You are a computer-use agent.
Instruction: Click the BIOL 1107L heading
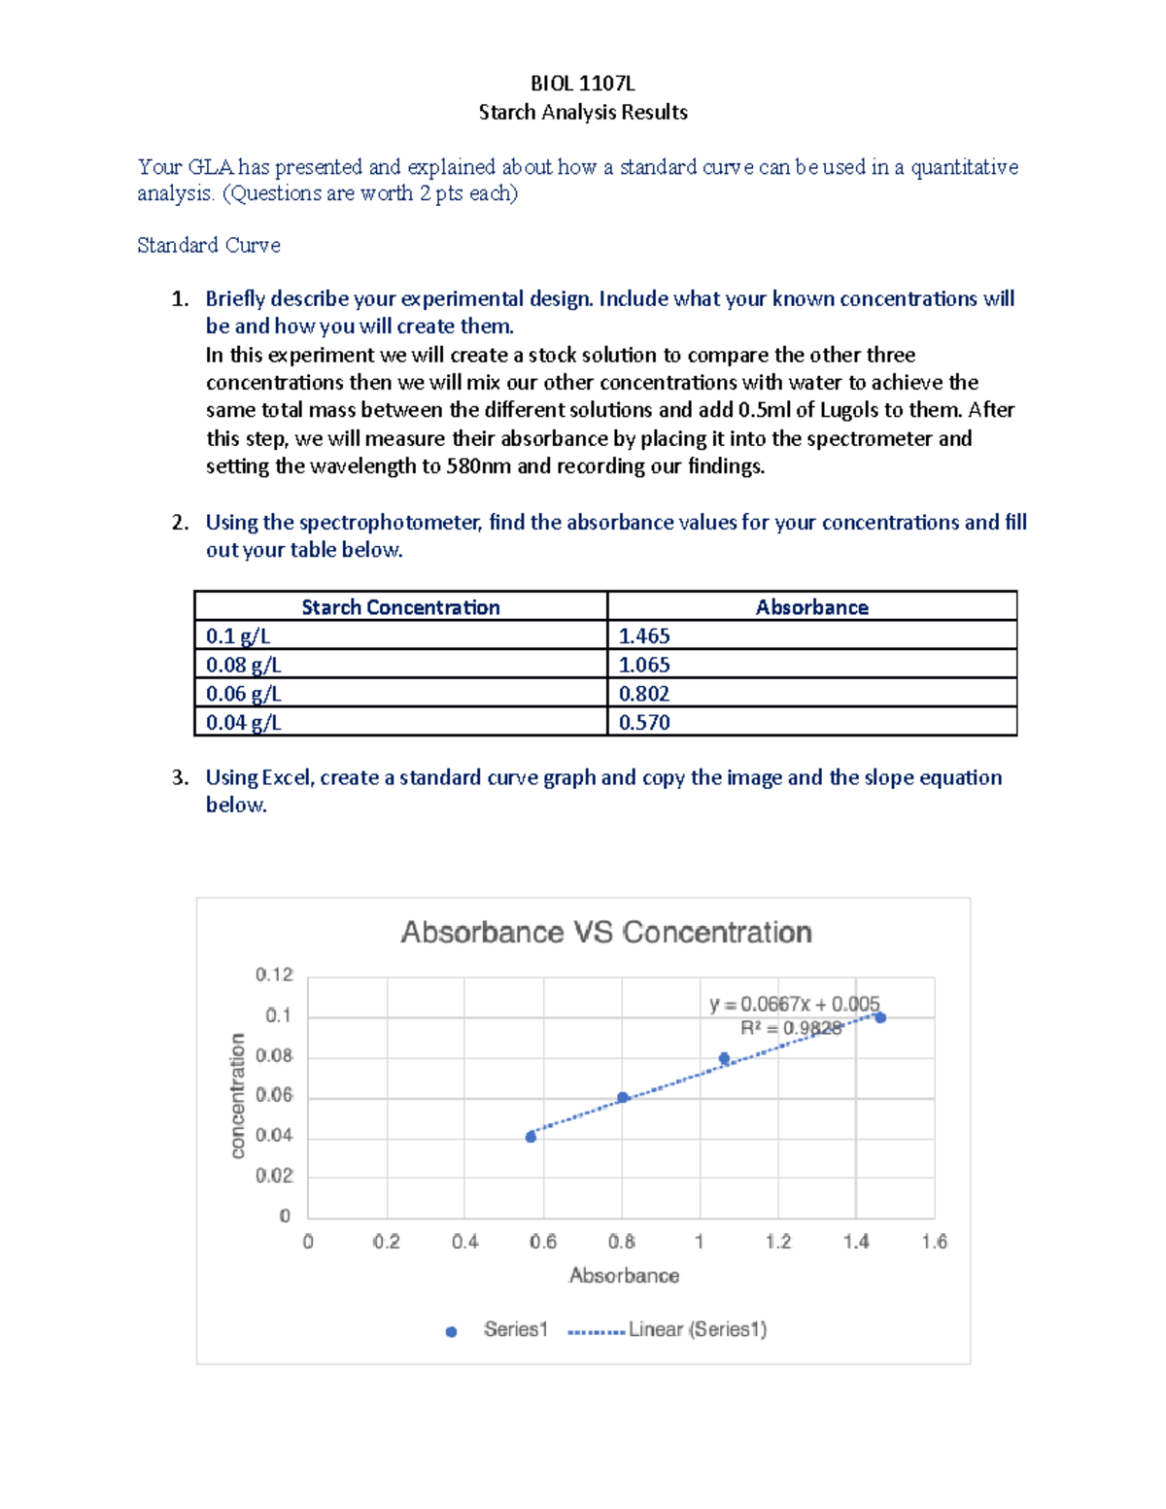582,84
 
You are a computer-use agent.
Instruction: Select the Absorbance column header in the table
811,607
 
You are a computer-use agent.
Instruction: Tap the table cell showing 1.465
644,636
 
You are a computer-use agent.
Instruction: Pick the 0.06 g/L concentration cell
243,694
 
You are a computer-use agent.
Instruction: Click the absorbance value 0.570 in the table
644,722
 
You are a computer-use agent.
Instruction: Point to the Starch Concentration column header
400,607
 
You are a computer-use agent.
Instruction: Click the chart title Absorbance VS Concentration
606,933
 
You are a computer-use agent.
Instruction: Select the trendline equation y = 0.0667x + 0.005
794,1004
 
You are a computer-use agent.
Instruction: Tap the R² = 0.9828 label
791,1028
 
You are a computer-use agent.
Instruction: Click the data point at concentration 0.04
531,1136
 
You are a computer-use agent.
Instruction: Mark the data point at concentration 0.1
880,1017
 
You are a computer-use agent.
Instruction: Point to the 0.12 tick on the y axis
274,975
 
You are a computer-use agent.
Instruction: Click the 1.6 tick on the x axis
934,1242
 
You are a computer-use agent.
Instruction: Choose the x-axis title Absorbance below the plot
624,1276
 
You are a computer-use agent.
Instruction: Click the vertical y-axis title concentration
238,1096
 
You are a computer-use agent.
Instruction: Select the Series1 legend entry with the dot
497,1330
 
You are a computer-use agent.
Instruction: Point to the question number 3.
179,777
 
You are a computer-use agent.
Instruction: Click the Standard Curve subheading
209,246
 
